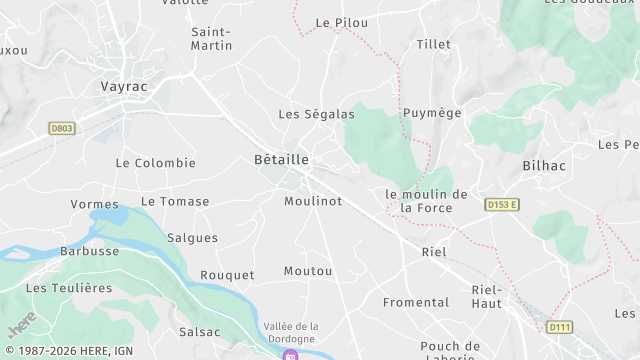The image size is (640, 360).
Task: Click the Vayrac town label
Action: [124, 87]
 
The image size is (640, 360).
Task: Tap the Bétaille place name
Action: [281, 160]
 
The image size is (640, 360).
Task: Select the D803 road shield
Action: [62, 128]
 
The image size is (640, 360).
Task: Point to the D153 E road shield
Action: [501, 205]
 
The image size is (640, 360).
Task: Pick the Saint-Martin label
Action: [212, 38]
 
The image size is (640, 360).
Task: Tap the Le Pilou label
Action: [341, 22]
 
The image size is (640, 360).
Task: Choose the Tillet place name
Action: [433, 45]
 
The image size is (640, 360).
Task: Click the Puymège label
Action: [432, 113]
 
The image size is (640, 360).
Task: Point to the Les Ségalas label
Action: [316, 114]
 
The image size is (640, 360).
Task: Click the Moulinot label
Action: [313, 201]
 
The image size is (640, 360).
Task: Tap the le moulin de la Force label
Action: [426, 201]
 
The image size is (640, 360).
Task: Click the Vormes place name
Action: [95, 204]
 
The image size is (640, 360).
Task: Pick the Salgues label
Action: [192, 238]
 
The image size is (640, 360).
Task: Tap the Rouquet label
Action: [227, 275]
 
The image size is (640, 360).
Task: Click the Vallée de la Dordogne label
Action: [291, 332]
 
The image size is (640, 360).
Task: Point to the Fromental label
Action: [416, 302]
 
